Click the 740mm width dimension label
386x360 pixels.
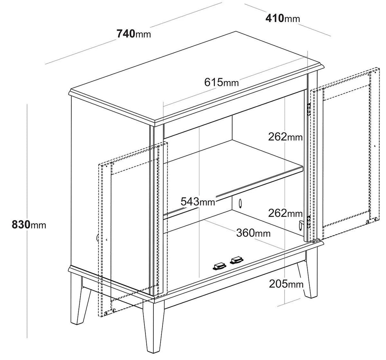point(134,34)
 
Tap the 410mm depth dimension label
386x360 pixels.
point(283,18)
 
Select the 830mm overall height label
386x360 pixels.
point(29,225)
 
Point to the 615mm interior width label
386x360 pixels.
point(222,82)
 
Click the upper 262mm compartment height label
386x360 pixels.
point(285,137)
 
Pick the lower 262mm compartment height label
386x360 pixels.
point(285,213)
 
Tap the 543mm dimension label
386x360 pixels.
point(198,201)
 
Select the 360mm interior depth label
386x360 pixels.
point(253,233)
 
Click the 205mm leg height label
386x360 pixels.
point(286,284)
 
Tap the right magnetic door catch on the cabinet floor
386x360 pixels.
point(237,260)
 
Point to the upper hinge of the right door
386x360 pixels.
point(308,109)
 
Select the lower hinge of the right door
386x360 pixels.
point(308,221)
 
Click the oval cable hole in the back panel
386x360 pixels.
point(240,203)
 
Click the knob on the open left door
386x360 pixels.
point(98,237)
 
